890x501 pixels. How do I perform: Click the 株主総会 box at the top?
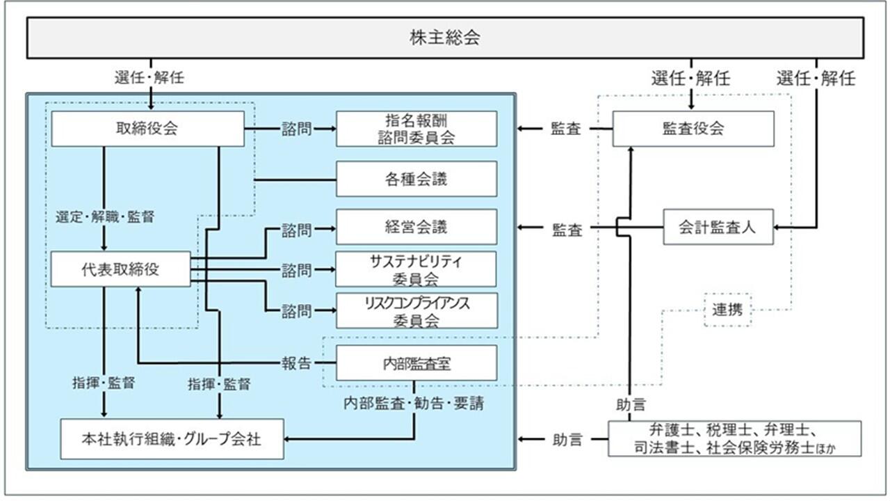pos(445,38)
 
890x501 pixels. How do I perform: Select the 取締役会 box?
pos(147,129)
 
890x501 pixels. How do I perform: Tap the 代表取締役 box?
pos(120,269)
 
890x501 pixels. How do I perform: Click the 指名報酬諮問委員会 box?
pos(416,129)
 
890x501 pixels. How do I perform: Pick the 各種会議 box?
pos(416,179)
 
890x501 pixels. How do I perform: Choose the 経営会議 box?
pos(416,227)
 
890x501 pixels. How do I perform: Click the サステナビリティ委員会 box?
pos(416,269)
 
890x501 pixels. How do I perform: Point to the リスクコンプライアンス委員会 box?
pos(416,310)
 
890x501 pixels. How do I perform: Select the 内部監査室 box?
pos(416,363)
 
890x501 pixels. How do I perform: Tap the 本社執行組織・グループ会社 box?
pos(172,439)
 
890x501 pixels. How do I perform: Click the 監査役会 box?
pos(693,129)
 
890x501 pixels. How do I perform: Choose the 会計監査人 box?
pos(718,227)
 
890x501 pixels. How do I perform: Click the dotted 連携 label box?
pos(727,310)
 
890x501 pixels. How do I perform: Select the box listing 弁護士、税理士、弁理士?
pos(734,438)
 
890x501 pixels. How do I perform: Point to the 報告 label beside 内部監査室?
pos(296,363)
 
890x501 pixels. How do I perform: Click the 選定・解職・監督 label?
pos(104,216)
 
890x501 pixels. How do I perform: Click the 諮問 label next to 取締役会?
pos(296,129)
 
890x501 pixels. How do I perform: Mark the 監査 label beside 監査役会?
pos(566,129)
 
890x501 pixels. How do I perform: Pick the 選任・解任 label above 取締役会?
pos(149,77)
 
